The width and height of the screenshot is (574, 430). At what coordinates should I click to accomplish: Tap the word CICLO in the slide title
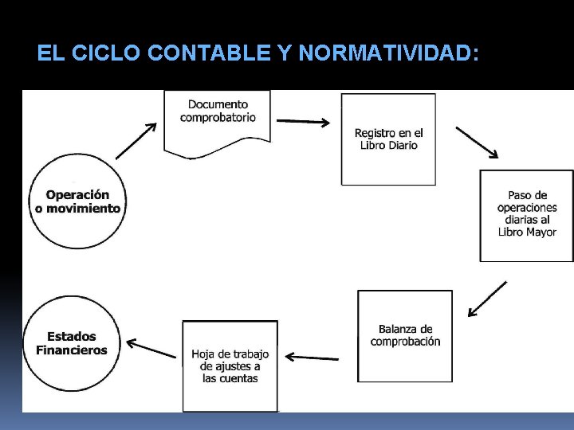click(x=103, y=54)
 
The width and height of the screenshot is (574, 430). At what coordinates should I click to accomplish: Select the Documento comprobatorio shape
click(x=218, y=119)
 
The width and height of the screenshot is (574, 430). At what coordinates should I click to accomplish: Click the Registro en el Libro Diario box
click(x=388, y=139)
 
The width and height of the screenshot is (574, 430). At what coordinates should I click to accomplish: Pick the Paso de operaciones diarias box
click(x=526, y=215)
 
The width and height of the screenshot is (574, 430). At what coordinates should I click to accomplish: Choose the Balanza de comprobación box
click(x=405, y=336)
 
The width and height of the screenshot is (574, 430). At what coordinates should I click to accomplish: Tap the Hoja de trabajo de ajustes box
click(x=230, y=365)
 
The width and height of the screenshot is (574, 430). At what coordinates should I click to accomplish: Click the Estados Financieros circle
click(x=72, y=344)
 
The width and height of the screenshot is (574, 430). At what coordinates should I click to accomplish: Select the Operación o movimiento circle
click(x=77, y=201)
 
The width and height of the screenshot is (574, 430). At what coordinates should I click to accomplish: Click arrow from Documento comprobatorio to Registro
click(x=303, y=123)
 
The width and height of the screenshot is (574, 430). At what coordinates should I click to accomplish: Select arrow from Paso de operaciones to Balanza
click(x=487, y=299)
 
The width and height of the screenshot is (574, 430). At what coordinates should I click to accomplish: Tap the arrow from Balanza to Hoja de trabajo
click(x=312, y=358)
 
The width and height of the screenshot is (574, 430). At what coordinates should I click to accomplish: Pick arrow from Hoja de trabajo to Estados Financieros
click(x=151, y=348)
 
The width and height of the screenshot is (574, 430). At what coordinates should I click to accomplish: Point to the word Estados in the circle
click(x=71, y=336)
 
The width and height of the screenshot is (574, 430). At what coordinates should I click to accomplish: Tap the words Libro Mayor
click(x=527, y=232)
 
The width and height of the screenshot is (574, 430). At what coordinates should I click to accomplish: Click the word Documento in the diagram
click(x=218, y=104)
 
